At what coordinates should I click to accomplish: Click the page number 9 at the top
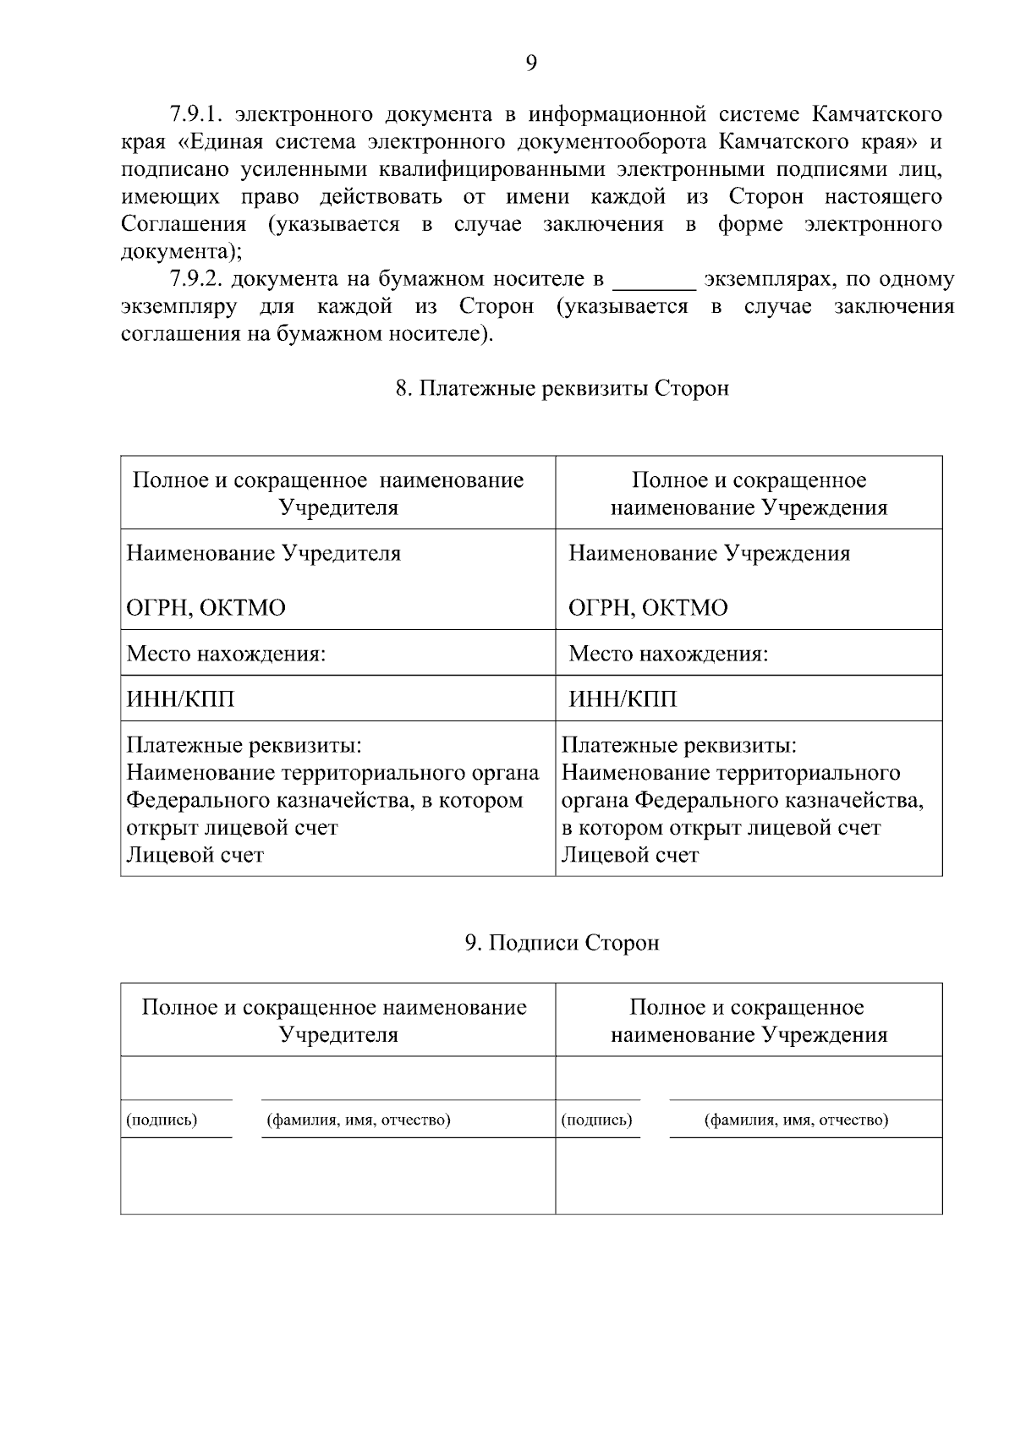tap(530, 64)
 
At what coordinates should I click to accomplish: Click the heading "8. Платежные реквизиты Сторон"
tap(562, 389)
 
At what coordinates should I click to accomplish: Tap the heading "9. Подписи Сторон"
tap(562, 943)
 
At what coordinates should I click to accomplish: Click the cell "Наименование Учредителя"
tap(264, 554)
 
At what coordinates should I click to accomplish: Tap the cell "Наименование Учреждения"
tap(709, 554)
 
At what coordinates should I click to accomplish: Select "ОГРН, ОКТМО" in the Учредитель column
tap(206, 608)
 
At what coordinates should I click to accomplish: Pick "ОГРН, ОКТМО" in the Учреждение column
tap(648, 608)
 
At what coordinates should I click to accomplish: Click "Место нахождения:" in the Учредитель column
tap(226, 654)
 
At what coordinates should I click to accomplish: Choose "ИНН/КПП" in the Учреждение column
tap(623, 699)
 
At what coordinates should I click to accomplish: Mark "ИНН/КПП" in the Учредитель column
tap(180, 699)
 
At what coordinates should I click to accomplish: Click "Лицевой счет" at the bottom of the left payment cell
tap(195, 855)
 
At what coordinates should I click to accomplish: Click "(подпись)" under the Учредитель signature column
tap(162, 1120)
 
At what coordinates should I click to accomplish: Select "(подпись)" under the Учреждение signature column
tap(596, 1120)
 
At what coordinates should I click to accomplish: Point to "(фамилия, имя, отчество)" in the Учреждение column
tap(796, 1120)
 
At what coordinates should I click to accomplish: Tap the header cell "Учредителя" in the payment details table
tap(338, 508)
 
